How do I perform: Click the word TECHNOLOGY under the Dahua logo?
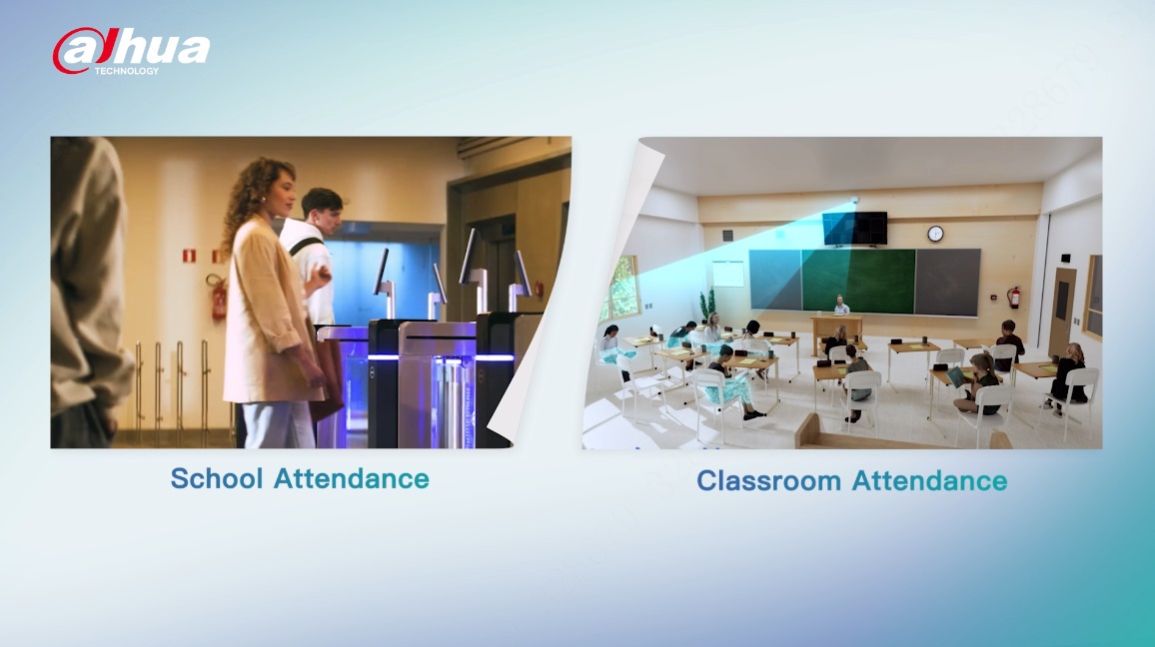point(126,71)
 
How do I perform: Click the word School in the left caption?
point(217,478)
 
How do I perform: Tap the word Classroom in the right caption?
point(768,480)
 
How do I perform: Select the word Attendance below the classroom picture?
point(929,480)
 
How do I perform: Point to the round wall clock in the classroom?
point(935,234)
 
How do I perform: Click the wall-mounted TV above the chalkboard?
point(855,229)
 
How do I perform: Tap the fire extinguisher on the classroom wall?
point(1014,297)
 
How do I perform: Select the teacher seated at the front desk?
point(840,305)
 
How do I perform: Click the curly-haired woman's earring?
point(262,200)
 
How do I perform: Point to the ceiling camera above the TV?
point(855,200)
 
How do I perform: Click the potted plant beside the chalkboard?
point(707,304)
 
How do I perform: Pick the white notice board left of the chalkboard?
point(727,274)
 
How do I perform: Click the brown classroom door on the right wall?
point(1061,310)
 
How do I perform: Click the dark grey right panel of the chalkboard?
point(947,282)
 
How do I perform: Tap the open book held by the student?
point(956,376)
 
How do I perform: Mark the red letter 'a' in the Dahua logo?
point(77,51)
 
